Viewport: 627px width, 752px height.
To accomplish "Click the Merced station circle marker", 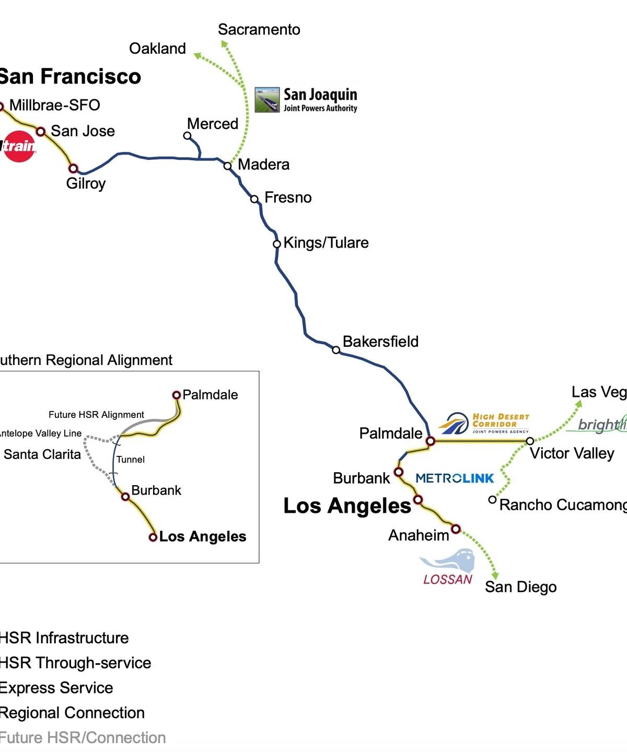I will [x=187, y=136].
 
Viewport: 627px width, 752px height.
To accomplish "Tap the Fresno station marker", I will [x=254, y=199].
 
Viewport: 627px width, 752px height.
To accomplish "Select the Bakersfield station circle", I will [x=336, y=350].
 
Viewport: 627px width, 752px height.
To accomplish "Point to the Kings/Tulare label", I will [x=326, y=243].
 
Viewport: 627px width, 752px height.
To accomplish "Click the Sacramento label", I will [x=259, y=30].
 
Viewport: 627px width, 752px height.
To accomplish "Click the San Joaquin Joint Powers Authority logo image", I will [x=268, y=100].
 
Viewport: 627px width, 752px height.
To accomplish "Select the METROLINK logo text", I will [x=455, y=478].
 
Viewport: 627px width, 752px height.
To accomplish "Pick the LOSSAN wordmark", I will [x=448, y=579].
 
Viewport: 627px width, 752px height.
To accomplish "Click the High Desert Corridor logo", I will [x=484, y=424].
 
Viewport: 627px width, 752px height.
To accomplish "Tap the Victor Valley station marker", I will [x=530, y=441].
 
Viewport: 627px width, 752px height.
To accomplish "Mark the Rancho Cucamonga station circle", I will [x=492, y=500].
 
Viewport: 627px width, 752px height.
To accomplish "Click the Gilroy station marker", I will [x=74, y=168].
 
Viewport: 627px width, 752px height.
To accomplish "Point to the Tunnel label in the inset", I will [x=131, y=460].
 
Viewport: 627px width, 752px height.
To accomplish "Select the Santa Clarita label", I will [x=42, y=454].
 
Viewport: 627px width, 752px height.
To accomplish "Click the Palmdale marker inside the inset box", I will [x=177, y=395].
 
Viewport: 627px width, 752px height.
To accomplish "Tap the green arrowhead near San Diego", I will [x=493, y=574].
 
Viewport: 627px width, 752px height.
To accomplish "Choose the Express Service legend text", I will [x=56, y=688].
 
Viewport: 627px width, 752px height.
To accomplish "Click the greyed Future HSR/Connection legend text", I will [x=83, y=738].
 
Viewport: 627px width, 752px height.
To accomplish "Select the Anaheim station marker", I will [x=456, y=529].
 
